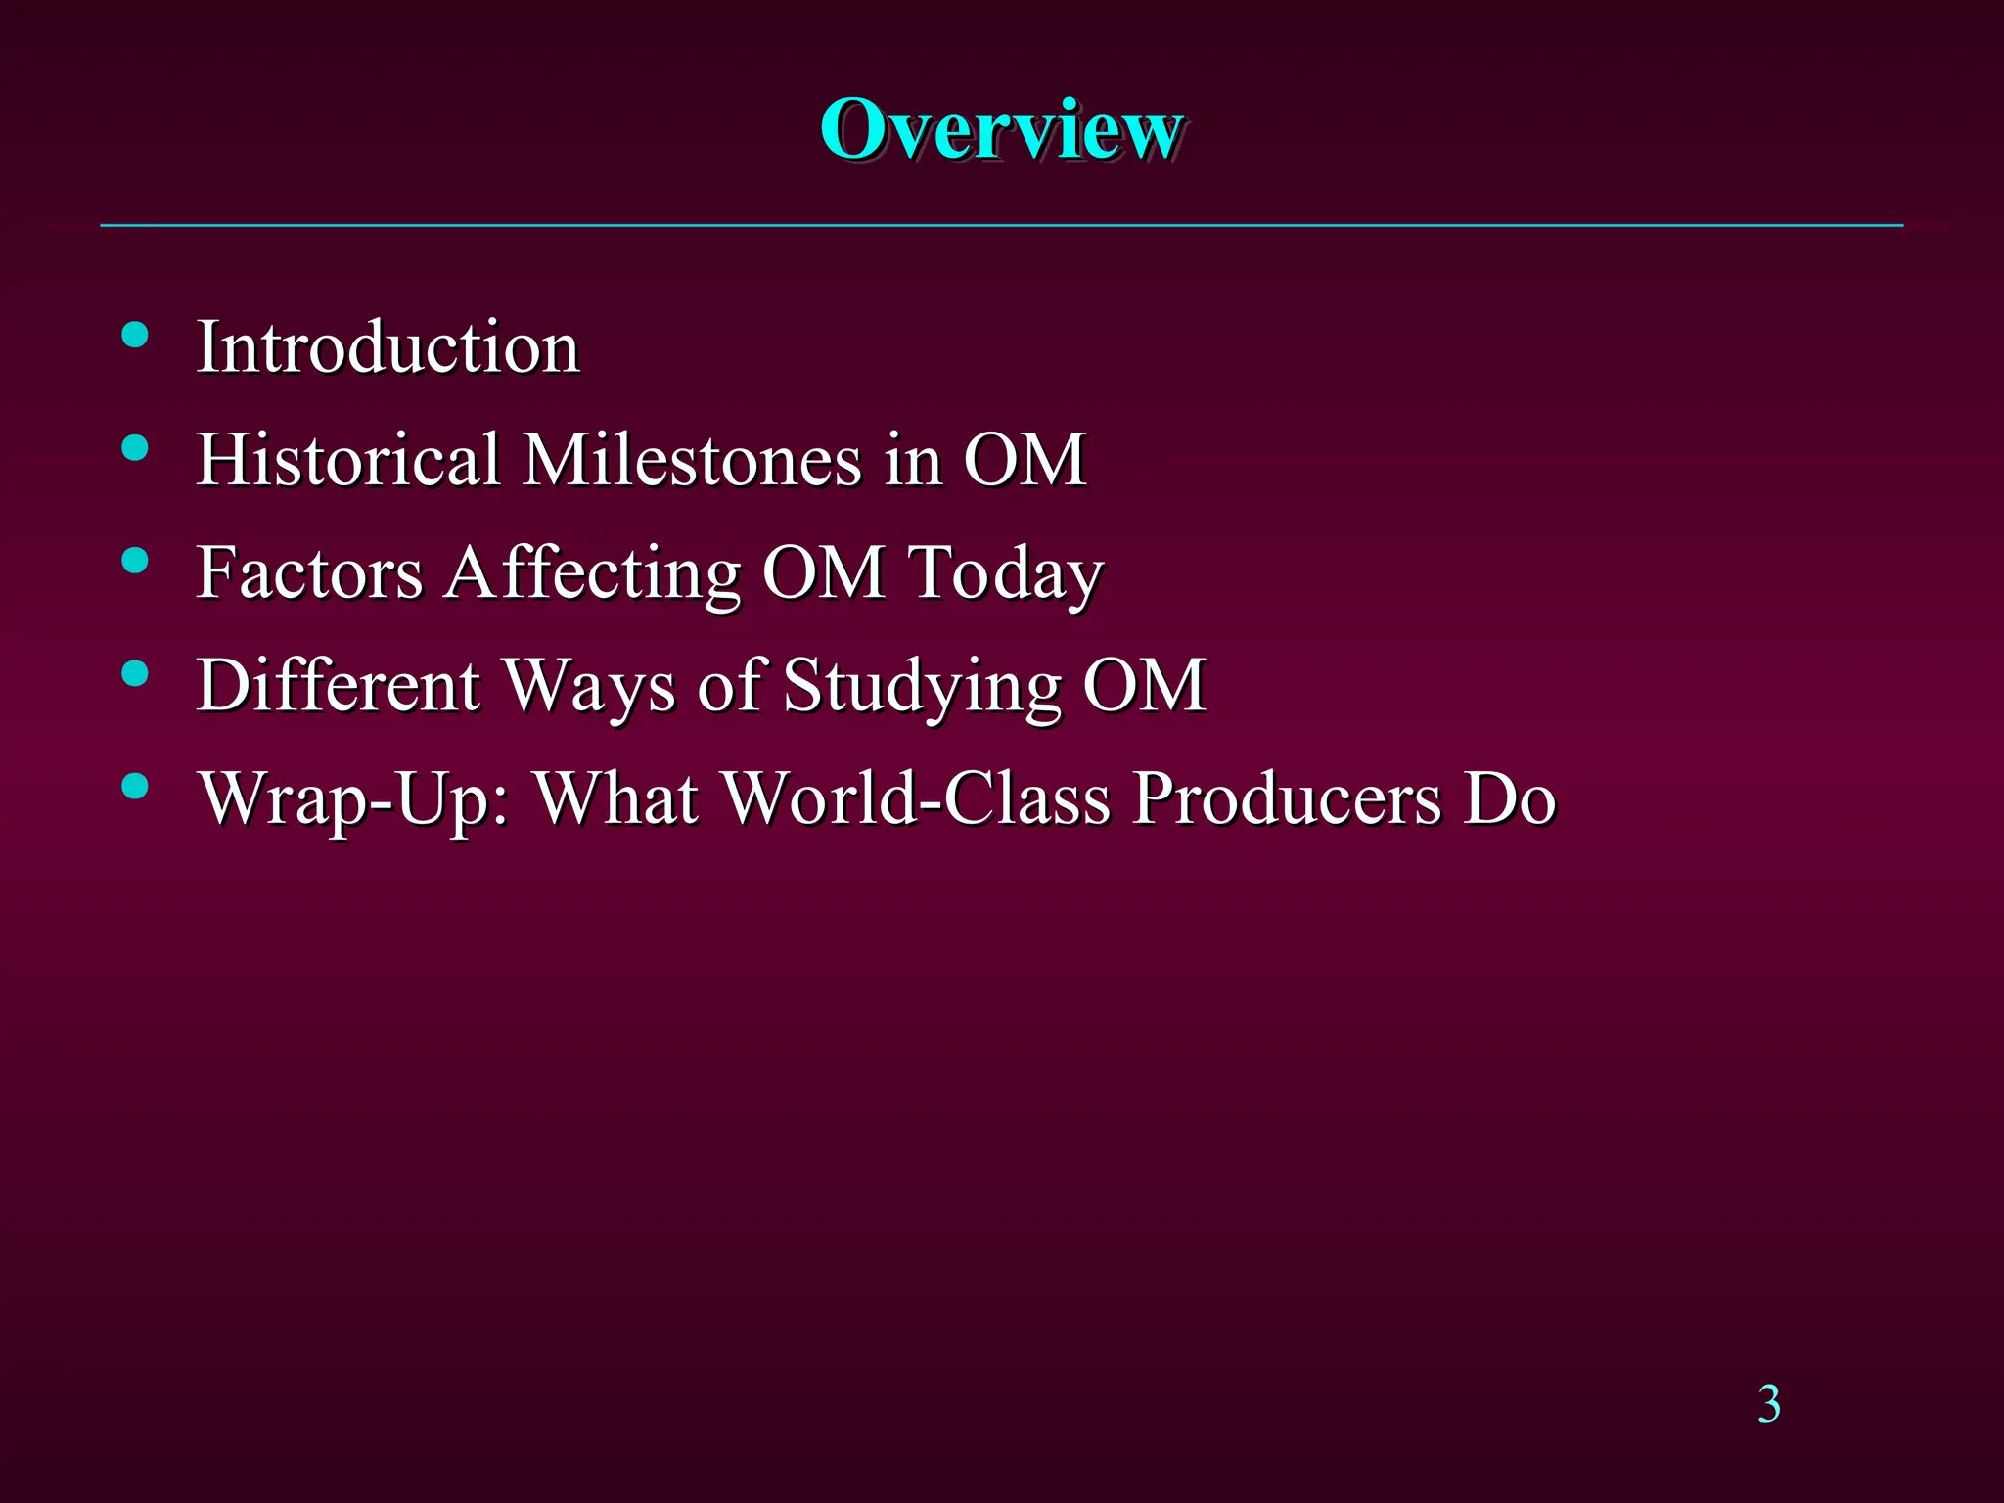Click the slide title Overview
click(1002, 130)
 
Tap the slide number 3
click(1768, 1404)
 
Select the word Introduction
click(388, 347)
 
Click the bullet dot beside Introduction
click(135, 336)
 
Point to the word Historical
click(348, 459)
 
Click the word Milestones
click(693, 459)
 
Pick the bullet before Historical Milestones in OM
click(135, 448)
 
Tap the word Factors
click(309, 572)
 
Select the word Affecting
click(593, 572)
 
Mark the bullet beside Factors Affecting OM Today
click(135, 561)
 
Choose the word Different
click(339, 685)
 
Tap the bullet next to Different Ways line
click(135, 673)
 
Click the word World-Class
click(917, 797)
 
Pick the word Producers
click(1287, 797)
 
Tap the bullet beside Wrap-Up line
click(135, 786)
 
